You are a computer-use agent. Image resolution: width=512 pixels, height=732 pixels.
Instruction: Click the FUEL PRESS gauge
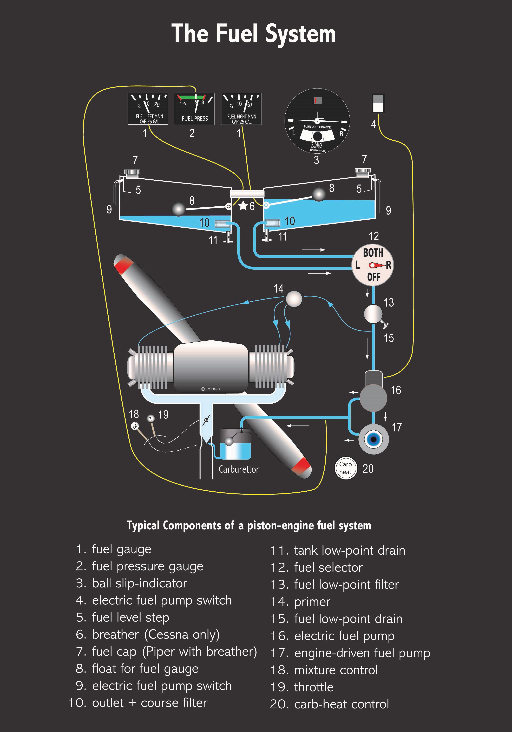tap(194, 109)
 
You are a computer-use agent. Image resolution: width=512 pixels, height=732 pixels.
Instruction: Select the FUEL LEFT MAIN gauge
tap(148, 109)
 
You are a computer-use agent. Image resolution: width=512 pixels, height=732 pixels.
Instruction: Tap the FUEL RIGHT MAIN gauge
tap(241, 109)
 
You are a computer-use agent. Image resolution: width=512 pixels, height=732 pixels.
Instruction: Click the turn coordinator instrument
tap(317, 121)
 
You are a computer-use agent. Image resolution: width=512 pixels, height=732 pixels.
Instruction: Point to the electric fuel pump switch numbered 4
tap(378, 103)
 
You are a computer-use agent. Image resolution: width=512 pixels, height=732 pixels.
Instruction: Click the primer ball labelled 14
tap(293, 299)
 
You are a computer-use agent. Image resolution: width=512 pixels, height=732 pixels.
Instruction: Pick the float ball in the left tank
tap(179, 209)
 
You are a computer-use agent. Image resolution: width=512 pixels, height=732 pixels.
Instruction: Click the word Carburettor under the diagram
tap(239, 469)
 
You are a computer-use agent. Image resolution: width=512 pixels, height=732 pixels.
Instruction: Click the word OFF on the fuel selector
tap(373, 277)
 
